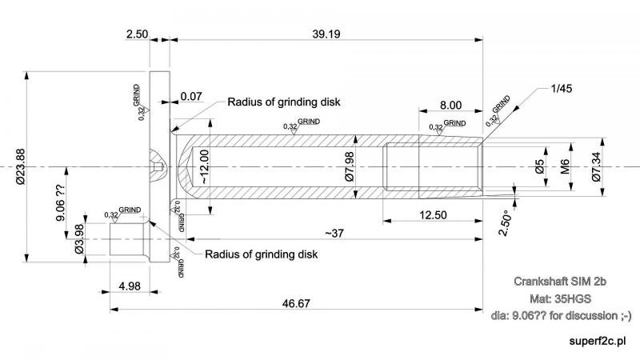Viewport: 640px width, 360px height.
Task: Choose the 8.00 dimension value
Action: tap(450, 105)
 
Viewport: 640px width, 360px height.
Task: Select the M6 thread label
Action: tap(565, 166)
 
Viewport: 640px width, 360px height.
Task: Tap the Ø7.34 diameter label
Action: tap(596, 166)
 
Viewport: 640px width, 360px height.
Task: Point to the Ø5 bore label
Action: tap(540, 166)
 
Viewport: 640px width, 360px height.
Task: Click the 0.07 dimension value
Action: tap(190, 96)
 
